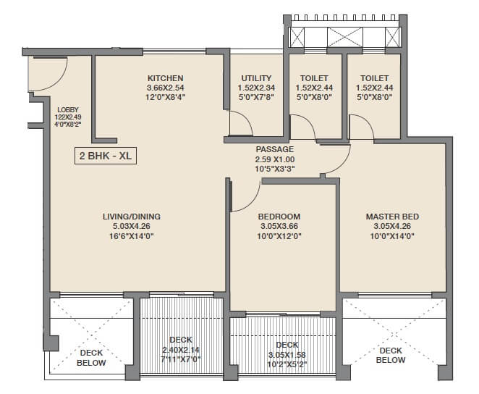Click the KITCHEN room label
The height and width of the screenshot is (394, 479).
(165, 78)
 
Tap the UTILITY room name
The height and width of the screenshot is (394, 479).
(256, 78)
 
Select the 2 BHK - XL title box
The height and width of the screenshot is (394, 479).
(106, 155)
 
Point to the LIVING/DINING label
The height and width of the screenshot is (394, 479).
(131, 216)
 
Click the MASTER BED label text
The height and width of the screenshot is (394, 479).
(392, 216)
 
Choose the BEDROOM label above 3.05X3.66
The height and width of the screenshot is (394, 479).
(279, 216)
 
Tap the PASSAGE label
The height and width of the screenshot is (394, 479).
(274, 149)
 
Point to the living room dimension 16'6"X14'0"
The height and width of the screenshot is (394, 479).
(131, 236)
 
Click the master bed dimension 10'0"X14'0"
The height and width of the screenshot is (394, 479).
(392, 236)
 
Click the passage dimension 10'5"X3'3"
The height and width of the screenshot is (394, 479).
(274, 169)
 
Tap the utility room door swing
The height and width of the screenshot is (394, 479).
(242, 123)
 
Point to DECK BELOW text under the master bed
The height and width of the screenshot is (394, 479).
(390, 355)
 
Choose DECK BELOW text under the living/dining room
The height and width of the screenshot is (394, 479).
(91, 358)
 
